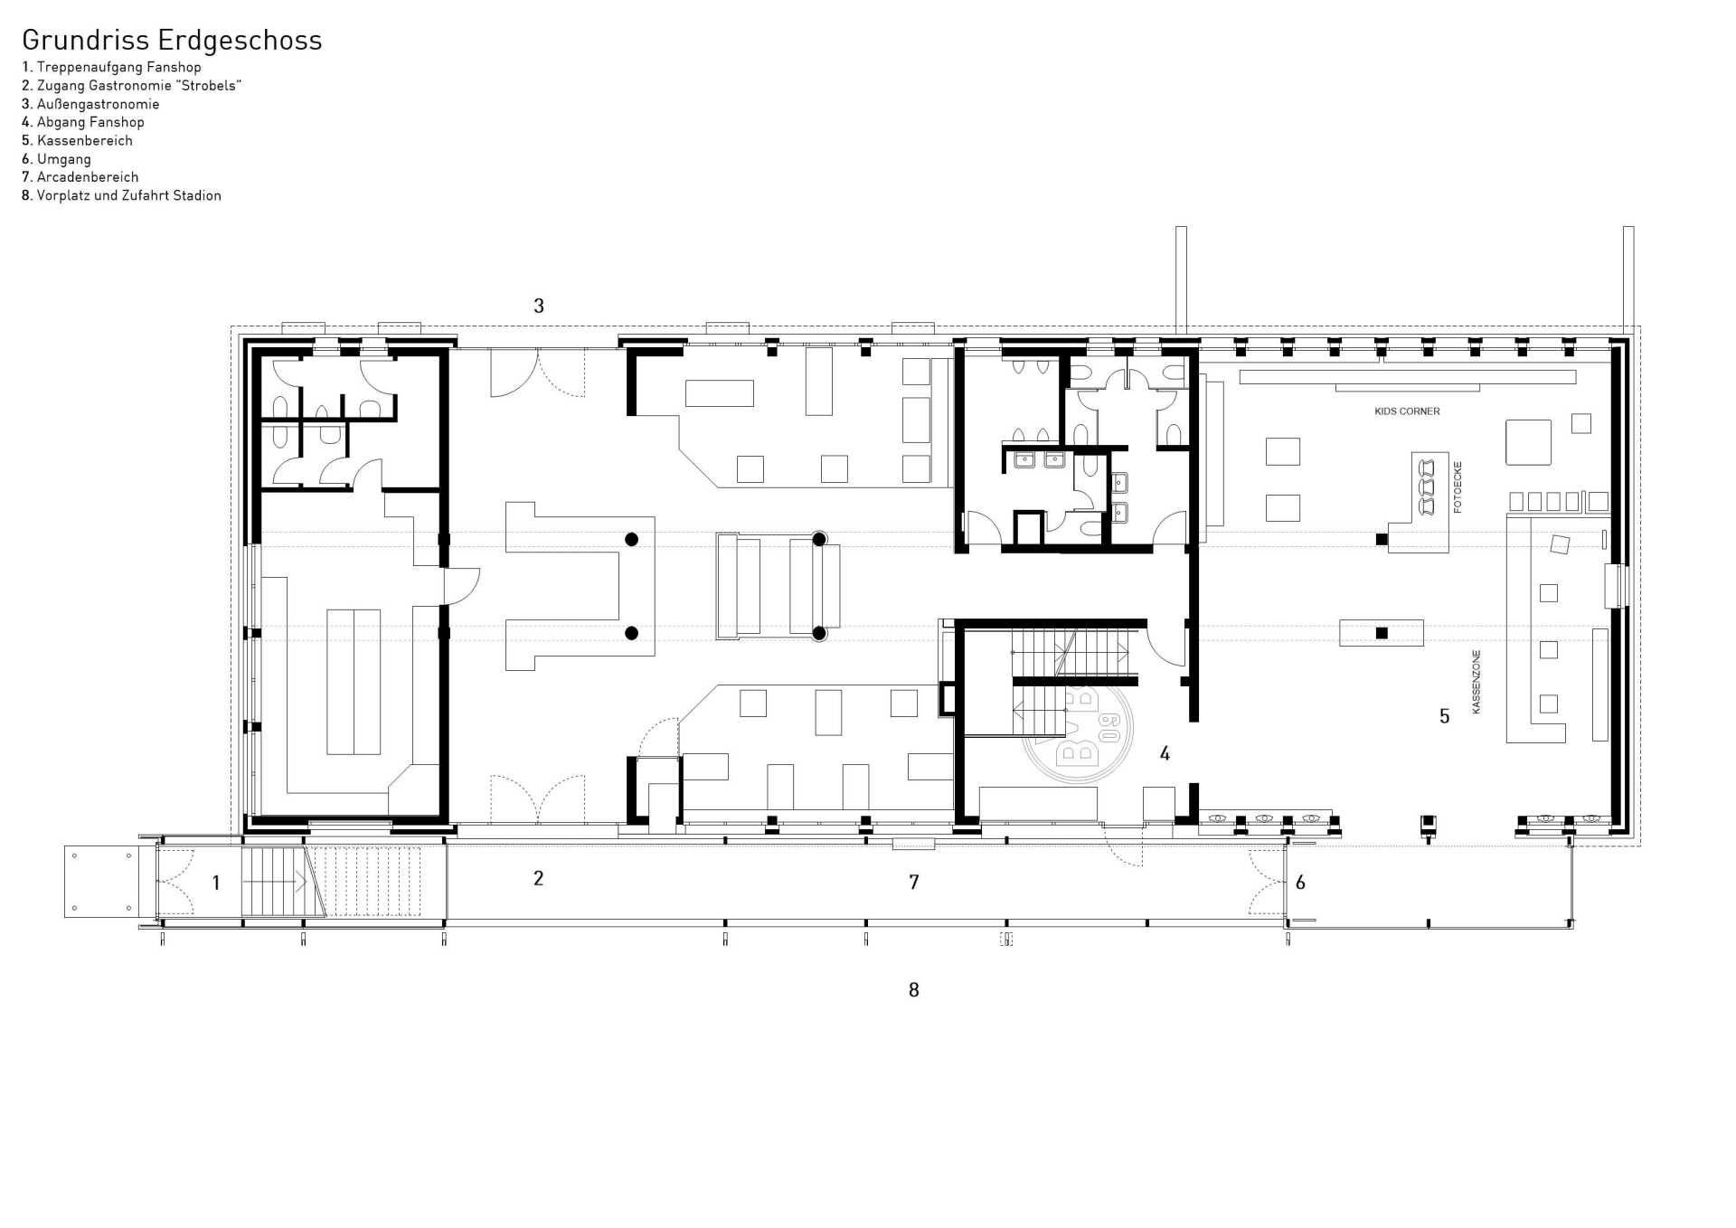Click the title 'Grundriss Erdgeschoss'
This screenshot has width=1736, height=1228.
pyautogui.click(x=172, y=41)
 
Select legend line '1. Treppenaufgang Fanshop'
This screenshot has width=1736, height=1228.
pyautogui.click(x=111, y=67)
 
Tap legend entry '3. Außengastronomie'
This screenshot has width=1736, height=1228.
pyautogui.click(x=90, y=104)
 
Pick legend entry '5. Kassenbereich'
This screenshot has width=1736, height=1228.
pyautogui.click(x=77, y=140)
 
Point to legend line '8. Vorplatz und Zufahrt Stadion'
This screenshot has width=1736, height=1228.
pyautogui.click(x=121, y=195)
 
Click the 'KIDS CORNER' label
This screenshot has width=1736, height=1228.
pyautogui.click(x=1407, y=411)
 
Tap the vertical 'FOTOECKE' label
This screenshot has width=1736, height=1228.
pyautogui.click(x=1458, y=486)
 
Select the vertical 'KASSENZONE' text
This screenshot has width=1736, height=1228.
pyautogui.click(x=1477, y=682)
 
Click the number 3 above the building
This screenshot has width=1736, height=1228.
pyautogui.click(x=539, y=306)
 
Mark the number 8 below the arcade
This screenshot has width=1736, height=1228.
pyautogui.click(x=914, y=990)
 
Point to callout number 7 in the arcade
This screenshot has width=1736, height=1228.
pyautogui.click(x=914, y=882)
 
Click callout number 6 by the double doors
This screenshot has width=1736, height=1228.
pyautogui.click(x=1300, y=883)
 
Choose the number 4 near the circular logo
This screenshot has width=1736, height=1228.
pyautogui.click(x=1165, y=753)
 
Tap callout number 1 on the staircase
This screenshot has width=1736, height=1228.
pyautogui.click(x=216, y=883)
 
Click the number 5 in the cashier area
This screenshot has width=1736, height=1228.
pyautogui.click(x=1444, y=716)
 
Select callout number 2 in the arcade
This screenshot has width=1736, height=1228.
pyautogui.click(x=538, y=878)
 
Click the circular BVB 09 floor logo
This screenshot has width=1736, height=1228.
pyautogui.click(x=1077, y=729)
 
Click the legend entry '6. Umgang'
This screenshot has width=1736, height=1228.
pyautogui.click(x=56, y=159)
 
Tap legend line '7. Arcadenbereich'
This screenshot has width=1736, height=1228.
pyautogui.click(x=80, y=177)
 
